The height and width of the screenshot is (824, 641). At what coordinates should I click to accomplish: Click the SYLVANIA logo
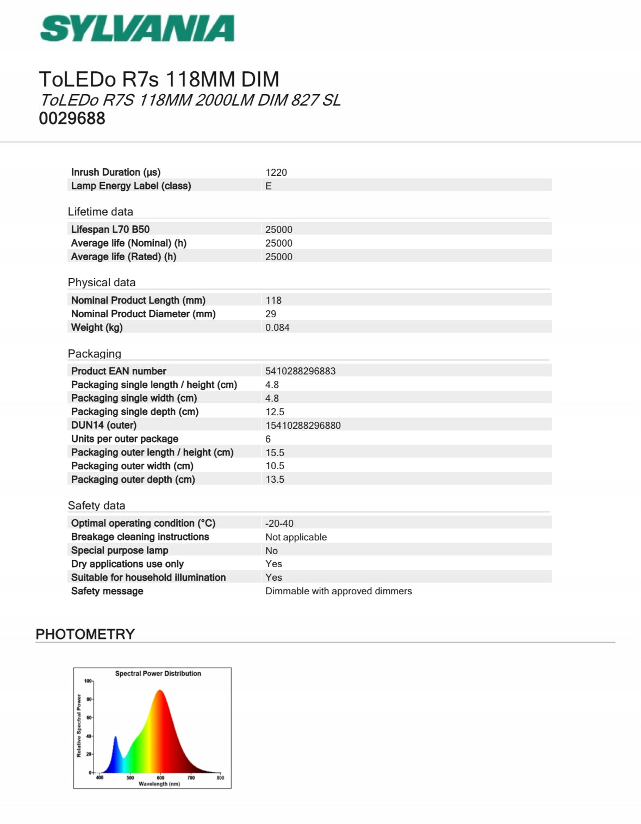[137, 28]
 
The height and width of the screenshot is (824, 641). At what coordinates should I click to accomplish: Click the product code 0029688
[72, 118]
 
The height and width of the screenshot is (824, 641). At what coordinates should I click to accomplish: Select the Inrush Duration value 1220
[276, 173]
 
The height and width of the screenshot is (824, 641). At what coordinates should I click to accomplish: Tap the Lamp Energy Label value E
[269, 186]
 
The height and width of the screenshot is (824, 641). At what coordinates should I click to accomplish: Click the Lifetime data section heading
[100, 212]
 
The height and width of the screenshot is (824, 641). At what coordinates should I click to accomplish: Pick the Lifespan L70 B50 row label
[110, 229]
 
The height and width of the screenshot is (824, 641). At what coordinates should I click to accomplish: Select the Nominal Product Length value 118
[273, 300]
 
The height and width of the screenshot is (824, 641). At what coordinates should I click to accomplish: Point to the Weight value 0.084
[277, 328]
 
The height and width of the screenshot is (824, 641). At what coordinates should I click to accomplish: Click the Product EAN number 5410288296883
[300, 371]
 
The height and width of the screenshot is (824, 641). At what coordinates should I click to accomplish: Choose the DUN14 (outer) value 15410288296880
[303, 426]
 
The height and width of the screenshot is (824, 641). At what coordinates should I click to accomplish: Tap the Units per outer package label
[125, 439]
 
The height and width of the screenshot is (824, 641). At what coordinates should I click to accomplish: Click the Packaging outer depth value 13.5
[275, 479]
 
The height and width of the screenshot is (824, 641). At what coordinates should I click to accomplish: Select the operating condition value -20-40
[279, 524]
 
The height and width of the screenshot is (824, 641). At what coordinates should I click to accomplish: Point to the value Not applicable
[296, 537]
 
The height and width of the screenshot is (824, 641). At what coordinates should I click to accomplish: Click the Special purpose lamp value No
[271, 551]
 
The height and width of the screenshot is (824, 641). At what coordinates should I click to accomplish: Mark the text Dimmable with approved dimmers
[338, 591]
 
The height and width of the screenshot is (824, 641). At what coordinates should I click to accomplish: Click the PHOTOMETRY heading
[85, 634]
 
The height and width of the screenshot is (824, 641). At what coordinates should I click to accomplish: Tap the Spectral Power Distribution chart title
[158, 673]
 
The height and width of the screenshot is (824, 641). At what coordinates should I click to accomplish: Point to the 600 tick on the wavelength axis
[160, 778]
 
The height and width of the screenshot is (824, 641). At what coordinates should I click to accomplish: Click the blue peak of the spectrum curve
[115, 739]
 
